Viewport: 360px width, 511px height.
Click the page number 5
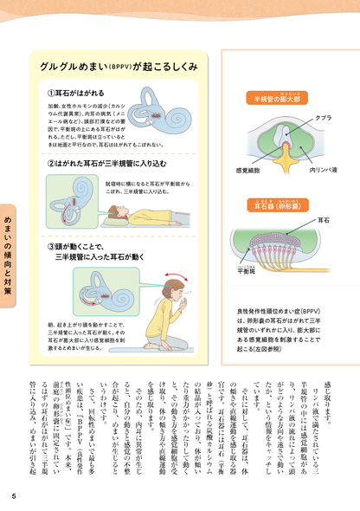tap(13, 495)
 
